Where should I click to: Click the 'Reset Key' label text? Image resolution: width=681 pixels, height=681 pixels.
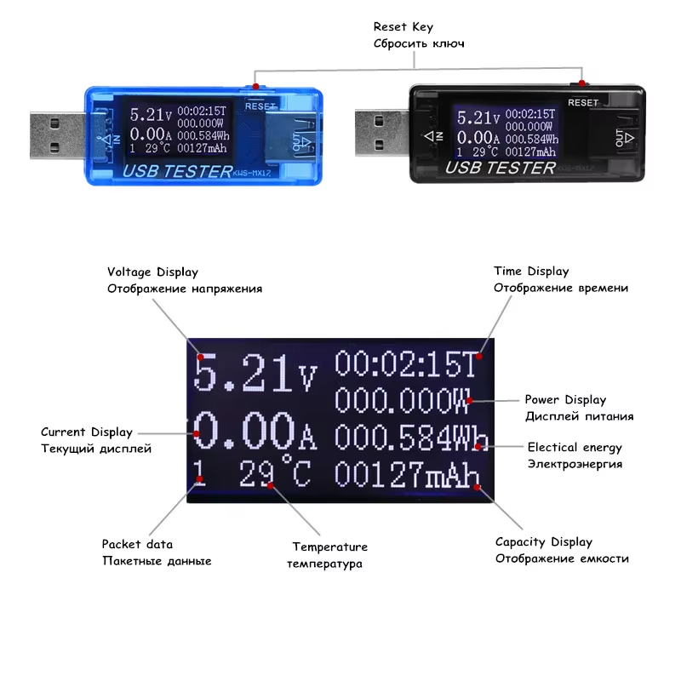(x=403, y=27)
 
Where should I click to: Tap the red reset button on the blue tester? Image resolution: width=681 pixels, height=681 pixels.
(x=257, y=86)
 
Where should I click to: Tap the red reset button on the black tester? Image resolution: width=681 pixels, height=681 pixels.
(x=582, y=83)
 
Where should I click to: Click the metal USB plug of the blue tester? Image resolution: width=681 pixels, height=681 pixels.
(x=54, y=135)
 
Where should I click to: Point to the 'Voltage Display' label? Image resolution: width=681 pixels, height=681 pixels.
(x=152, y=272)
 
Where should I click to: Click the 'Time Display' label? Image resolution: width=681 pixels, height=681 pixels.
(x=531, y=272)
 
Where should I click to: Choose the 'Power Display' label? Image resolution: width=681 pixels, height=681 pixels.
(x=565, y=399)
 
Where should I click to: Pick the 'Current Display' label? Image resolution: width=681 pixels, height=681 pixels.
(x=86, y=432)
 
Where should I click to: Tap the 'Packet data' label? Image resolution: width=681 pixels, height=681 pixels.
(x=137, y=544)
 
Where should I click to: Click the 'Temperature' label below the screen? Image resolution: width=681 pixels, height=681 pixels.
(x=329, y=547)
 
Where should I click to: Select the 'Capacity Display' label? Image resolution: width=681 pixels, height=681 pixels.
(x=543, y=541)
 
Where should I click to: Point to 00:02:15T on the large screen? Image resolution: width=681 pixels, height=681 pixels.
(x=408, y=364)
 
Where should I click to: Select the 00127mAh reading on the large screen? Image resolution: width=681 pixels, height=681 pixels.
(x=405, y=474)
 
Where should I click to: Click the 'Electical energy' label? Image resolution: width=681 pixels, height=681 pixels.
(x=575, y=447)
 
